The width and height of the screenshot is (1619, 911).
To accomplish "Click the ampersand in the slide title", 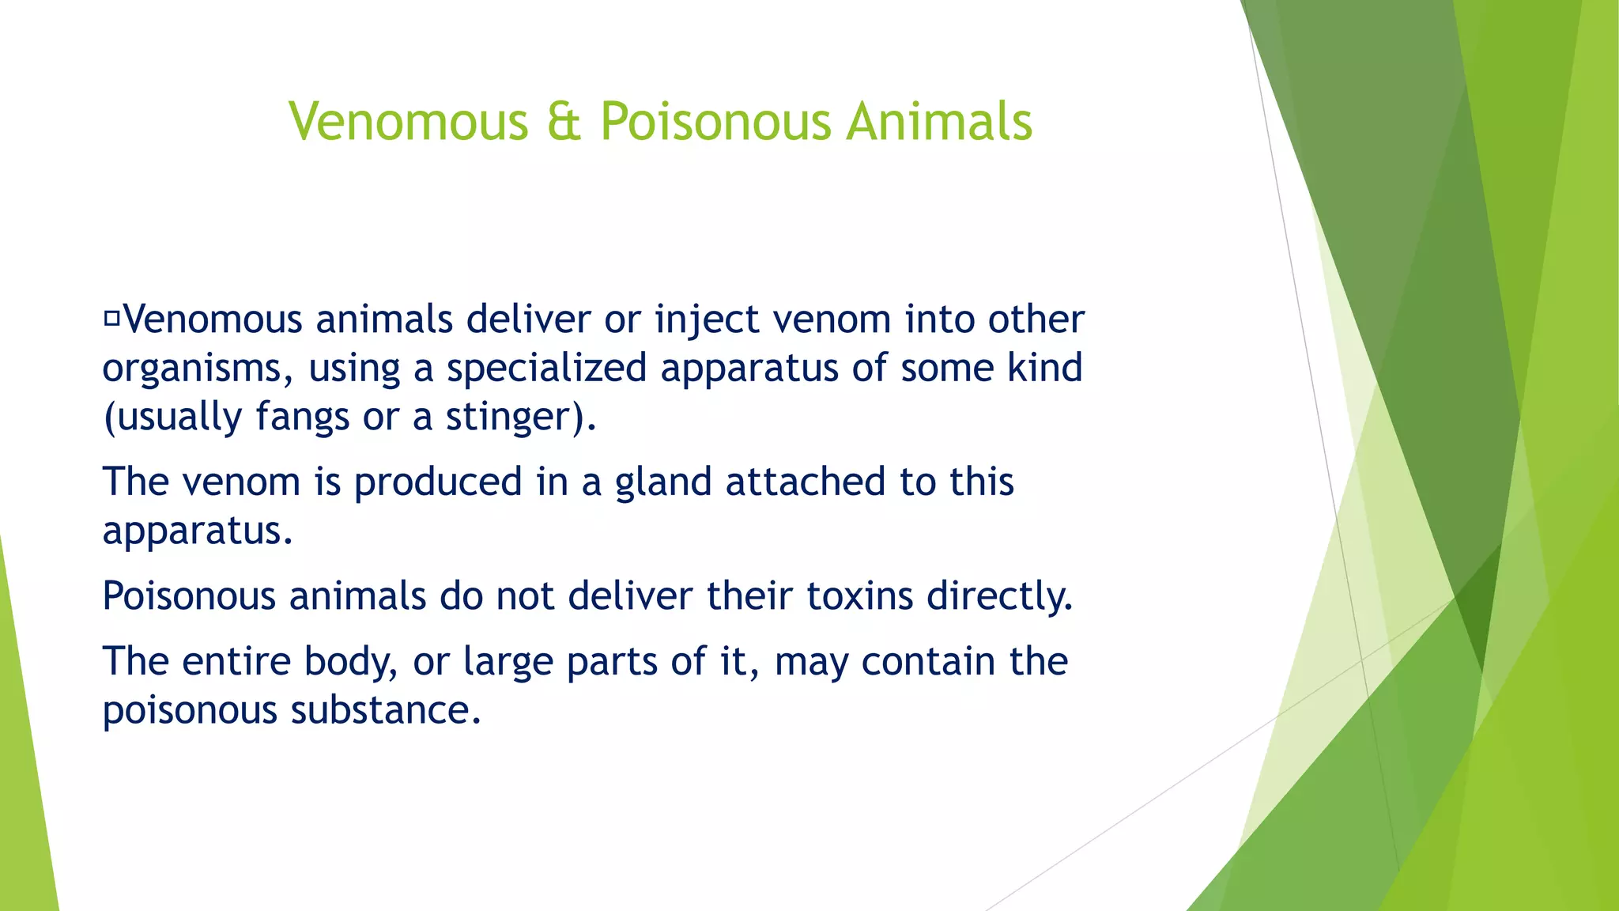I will [564, 123].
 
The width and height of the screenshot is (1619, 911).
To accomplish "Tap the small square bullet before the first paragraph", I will [111, 319].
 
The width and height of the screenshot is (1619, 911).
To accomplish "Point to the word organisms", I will [192, 369].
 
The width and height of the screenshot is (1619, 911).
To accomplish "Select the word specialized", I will [546, 369].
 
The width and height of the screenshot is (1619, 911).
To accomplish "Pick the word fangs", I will [302, 418].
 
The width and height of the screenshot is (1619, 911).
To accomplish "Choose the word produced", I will [438, 482].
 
